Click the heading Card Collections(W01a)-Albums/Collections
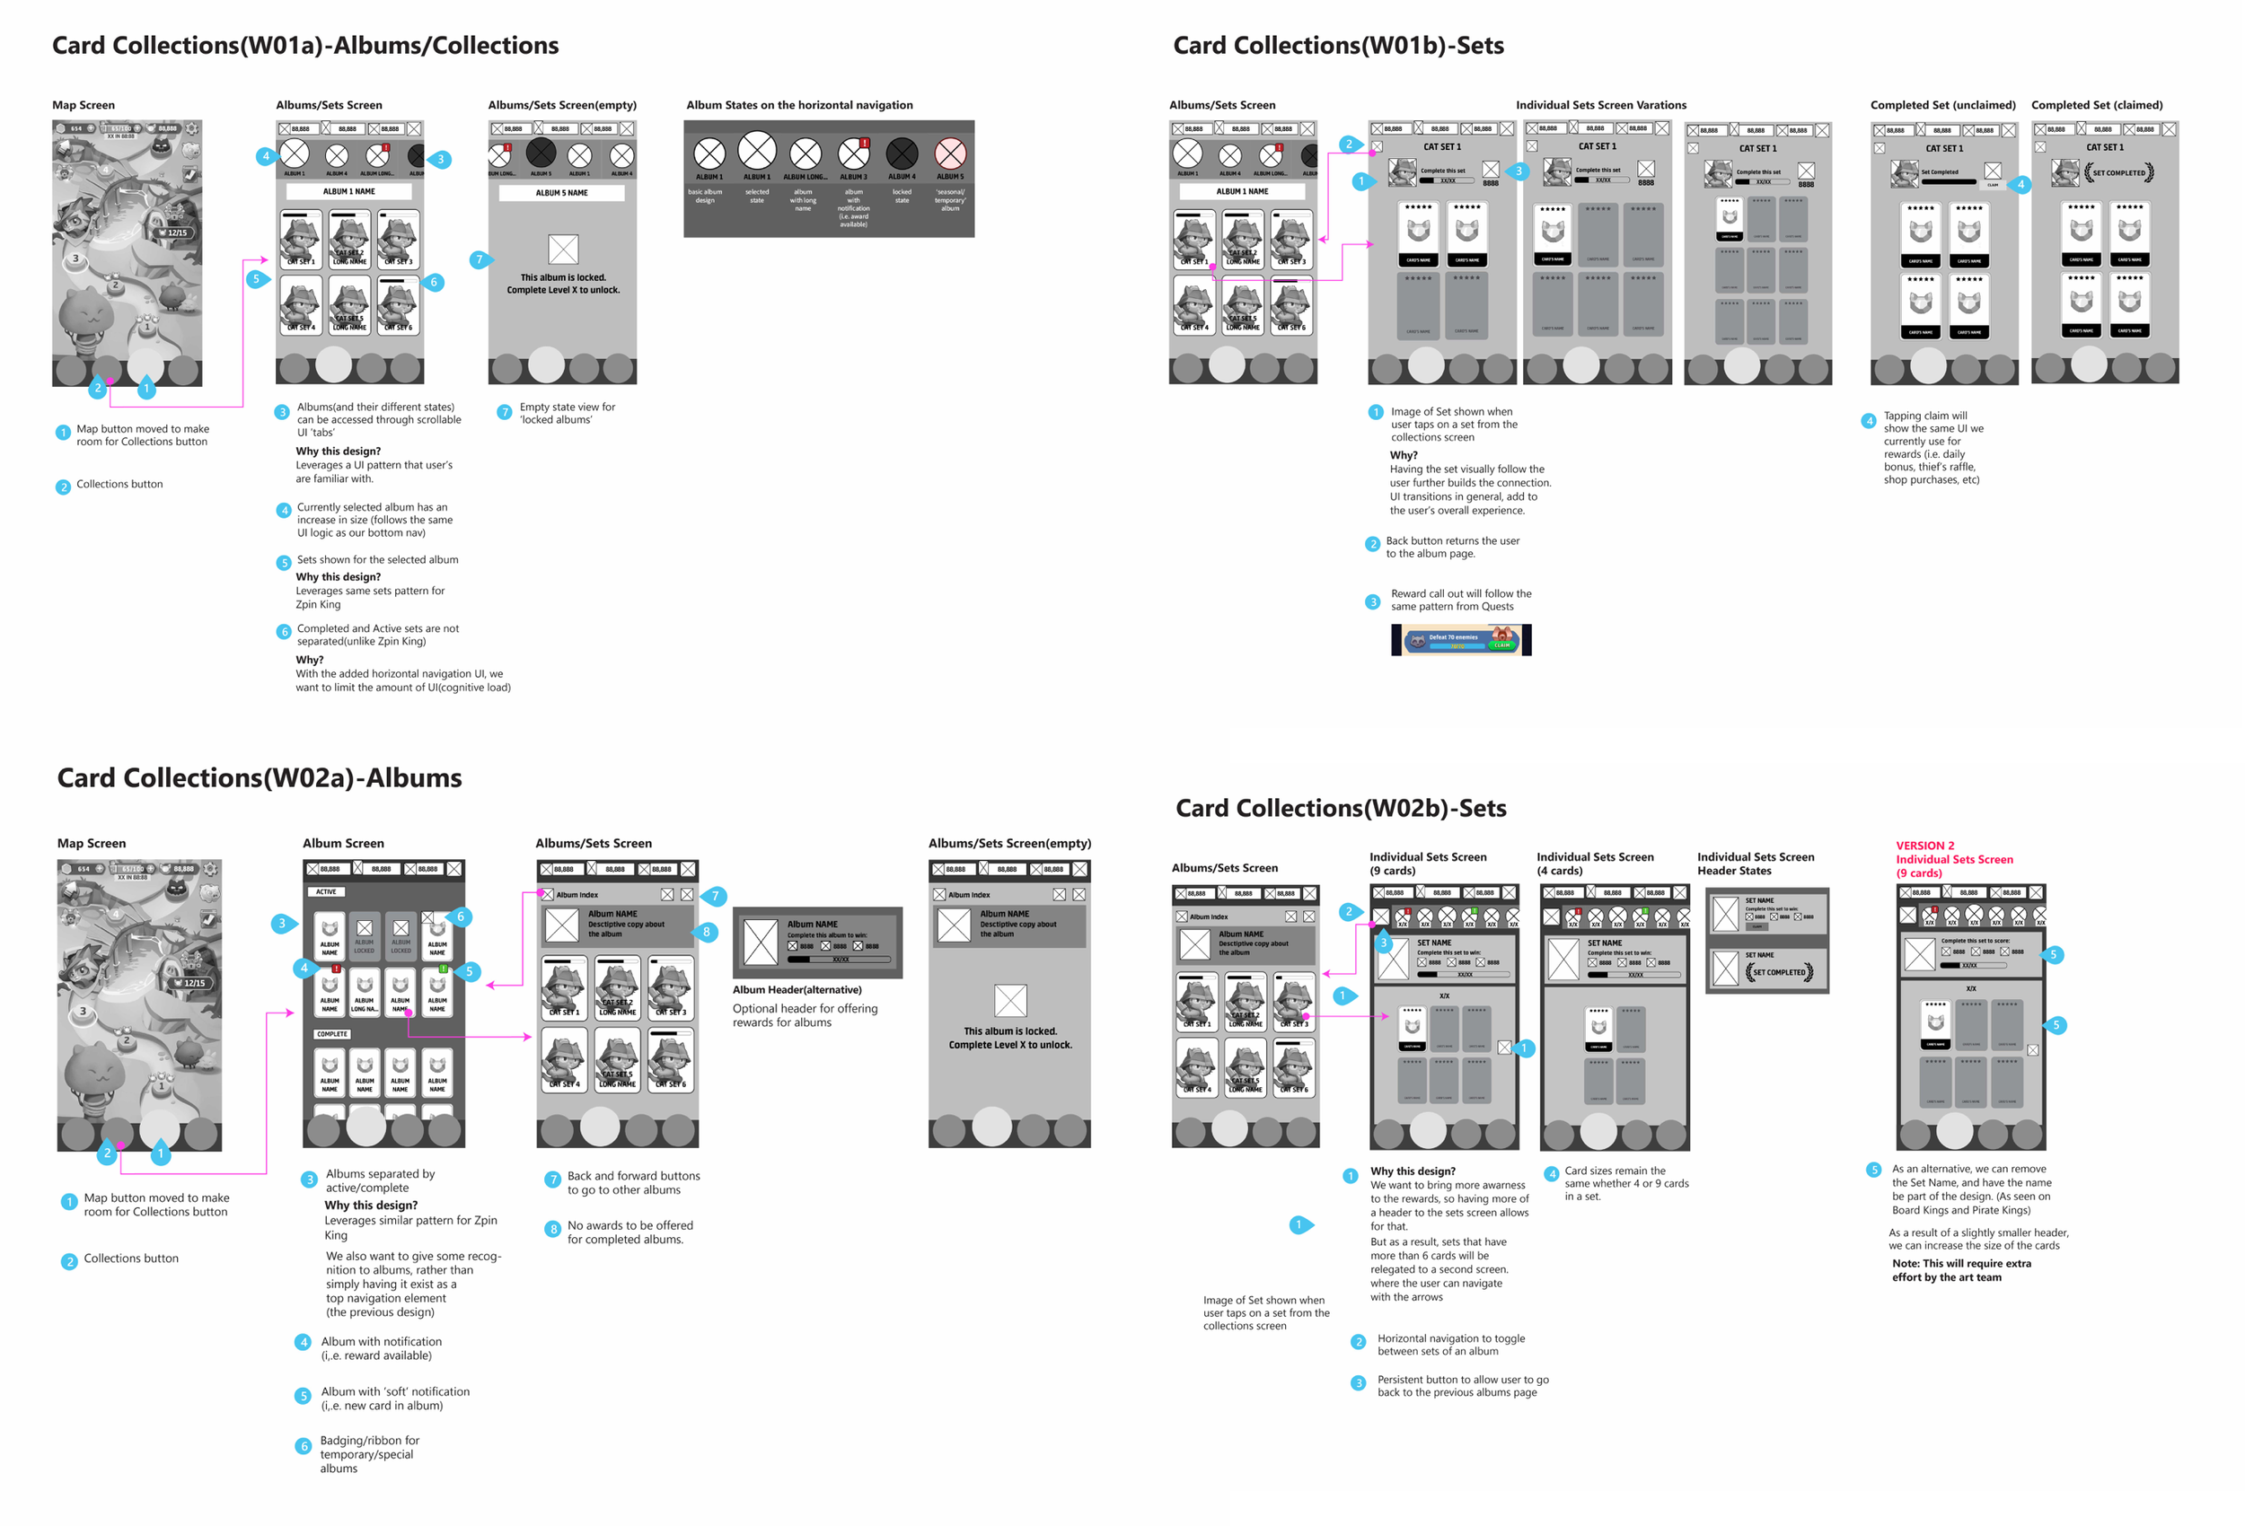tap(305, 46)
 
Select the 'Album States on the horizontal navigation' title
tap(799, 105)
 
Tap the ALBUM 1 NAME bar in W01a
tap(349, 191)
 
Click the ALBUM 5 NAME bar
tap(561, 193)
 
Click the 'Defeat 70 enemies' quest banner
tap(1461, 639)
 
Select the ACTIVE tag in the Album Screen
tap(327, 891)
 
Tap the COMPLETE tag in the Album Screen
tap(331, 1033)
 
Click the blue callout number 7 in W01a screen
tap(478, 259)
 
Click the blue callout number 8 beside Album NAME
tap(706, 932)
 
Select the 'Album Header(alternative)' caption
tap(797, 990)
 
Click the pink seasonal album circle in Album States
tap(949, 153)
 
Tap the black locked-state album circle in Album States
tap(902, 153)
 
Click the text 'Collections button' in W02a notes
tap(130, 1259)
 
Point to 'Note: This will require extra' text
tap(1961, 1263)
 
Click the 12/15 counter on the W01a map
tap(177, 232)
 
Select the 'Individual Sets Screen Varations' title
tap(1600, 105)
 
